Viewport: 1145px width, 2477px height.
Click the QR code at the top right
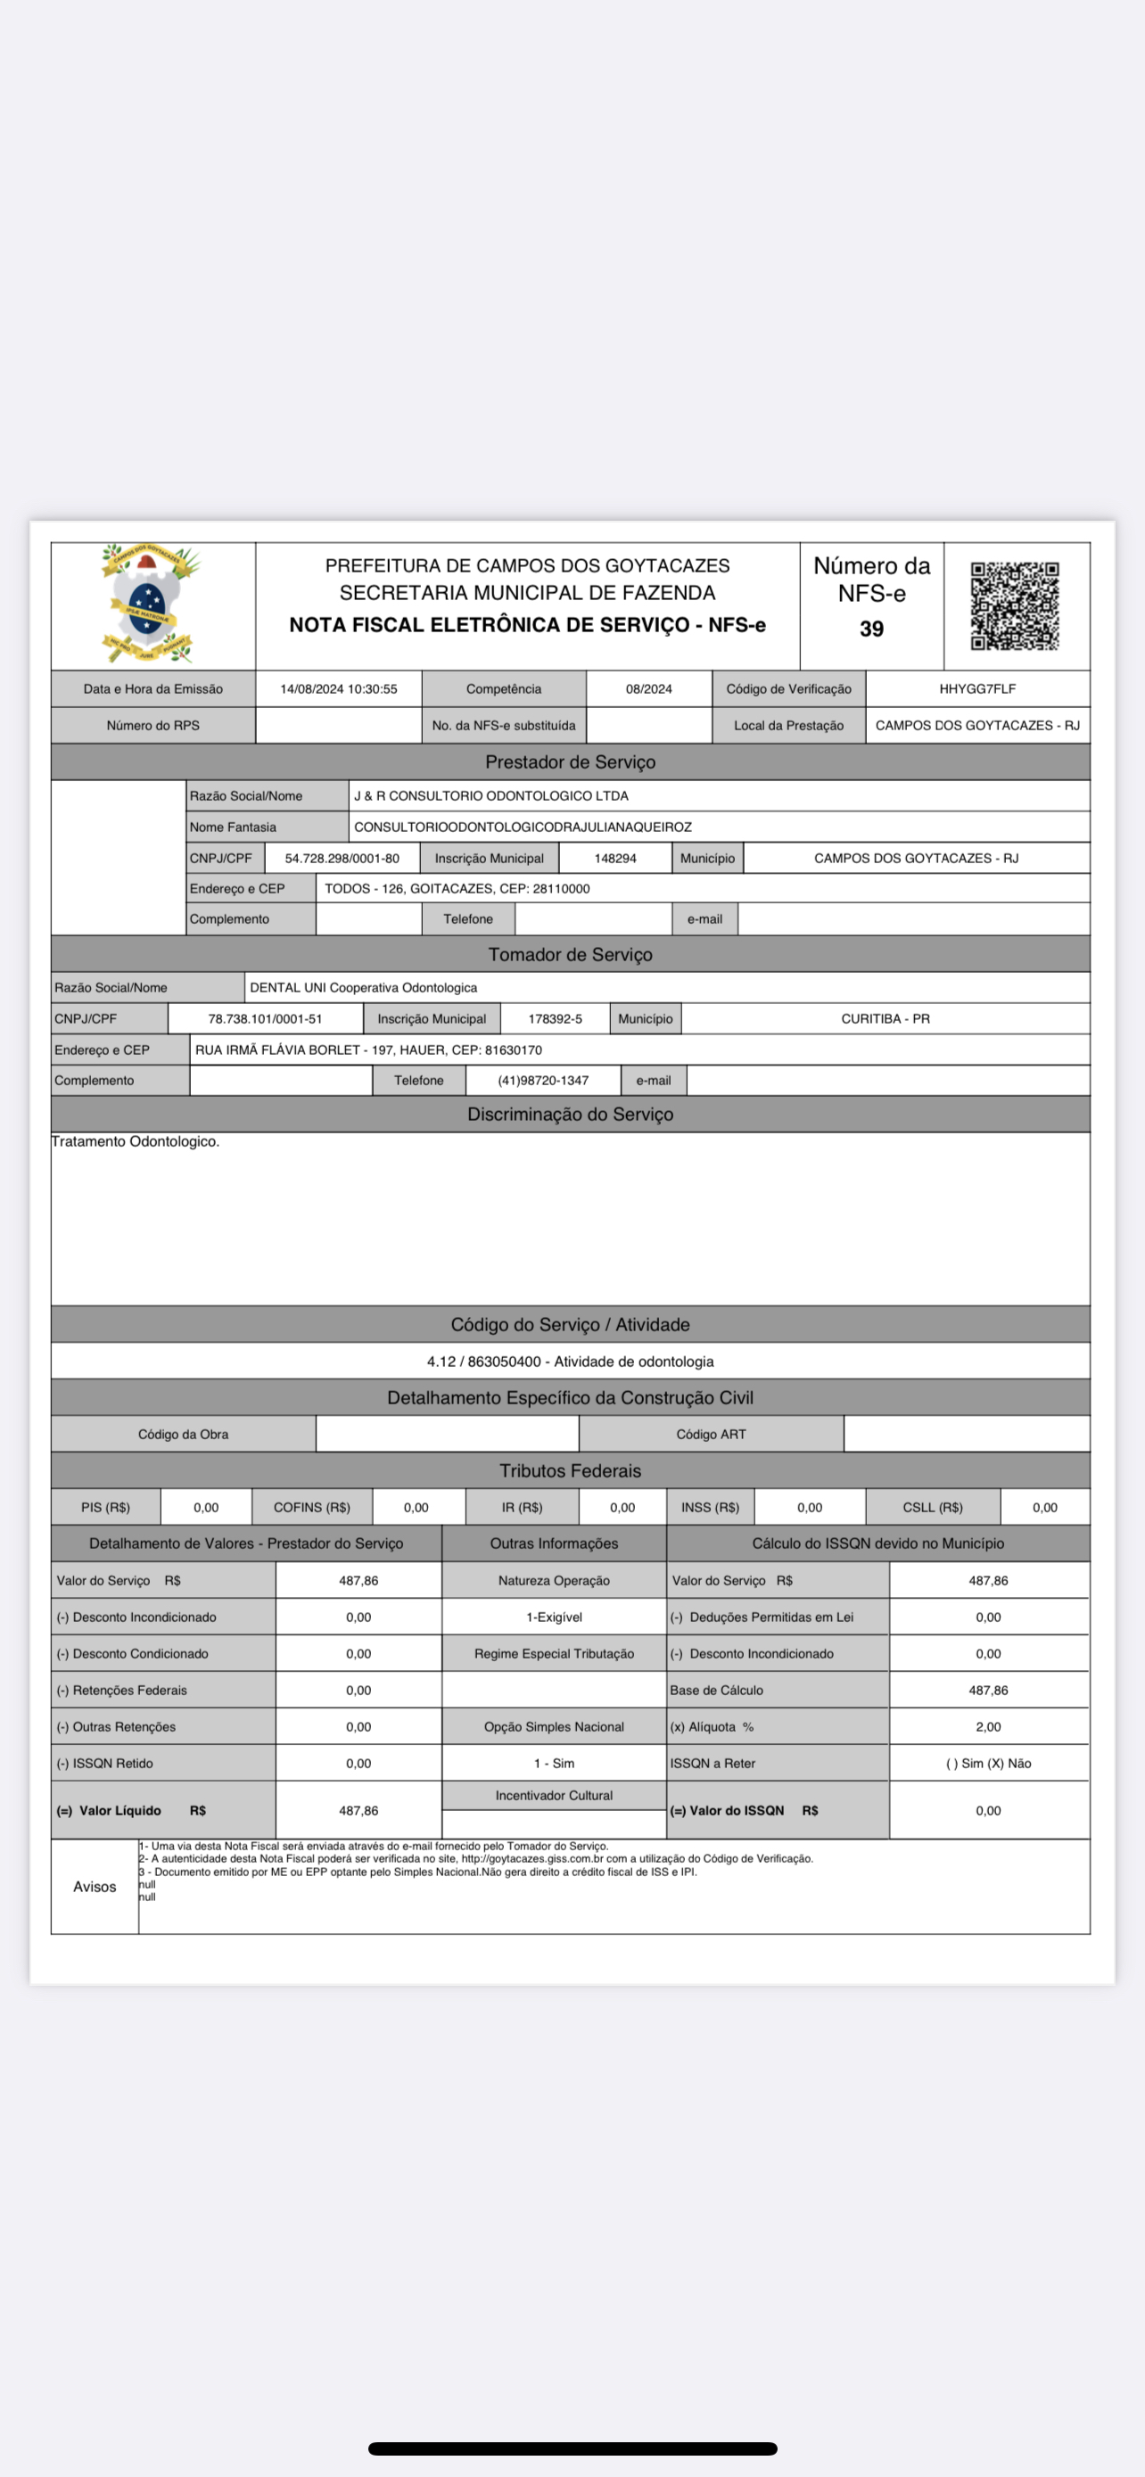1014,605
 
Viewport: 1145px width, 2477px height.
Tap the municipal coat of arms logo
149,603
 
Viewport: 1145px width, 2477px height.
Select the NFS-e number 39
871,629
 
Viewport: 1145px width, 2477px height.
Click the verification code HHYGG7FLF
976,688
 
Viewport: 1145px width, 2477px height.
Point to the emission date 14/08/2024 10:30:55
338,688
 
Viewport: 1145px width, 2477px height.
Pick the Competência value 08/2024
649,688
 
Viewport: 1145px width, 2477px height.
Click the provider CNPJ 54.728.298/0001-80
342,858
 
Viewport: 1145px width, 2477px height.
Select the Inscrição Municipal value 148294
615,858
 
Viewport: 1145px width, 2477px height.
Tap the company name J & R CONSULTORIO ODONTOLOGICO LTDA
490,795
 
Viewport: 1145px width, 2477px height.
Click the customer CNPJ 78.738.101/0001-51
266,1018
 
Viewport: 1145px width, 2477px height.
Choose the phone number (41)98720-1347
543,1080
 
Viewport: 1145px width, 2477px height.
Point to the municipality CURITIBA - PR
886,1018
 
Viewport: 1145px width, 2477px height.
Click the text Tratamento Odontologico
136,1141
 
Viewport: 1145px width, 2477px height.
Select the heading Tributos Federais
570,1470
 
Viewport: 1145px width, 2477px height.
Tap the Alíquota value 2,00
988,1726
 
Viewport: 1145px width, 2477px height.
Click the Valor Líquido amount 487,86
358,1810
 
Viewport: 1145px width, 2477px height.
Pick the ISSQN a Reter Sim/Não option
988,1763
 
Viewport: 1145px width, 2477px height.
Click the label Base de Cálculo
717,1690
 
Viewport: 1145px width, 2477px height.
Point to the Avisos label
95,1886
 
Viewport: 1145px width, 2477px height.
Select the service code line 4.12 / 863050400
570,1361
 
